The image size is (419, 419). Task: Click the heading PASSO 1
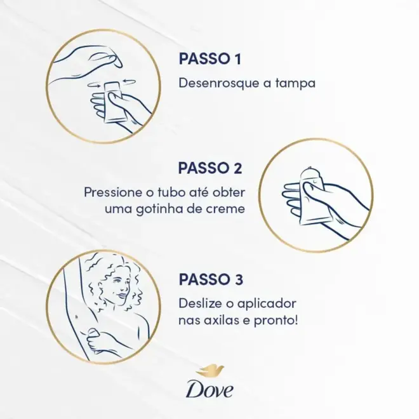pos(209,58)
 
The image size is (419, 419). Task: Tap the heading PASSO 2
pos(210,168)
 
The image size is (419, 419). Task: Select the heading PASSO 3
pos(211,279)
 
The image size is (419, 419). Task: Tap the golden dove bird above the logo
pos(209,371)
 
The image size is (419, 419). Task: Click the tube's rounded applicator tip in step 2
pos(310,173)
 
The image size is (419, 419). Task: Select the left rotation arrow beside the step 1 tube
pos(95,85)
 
